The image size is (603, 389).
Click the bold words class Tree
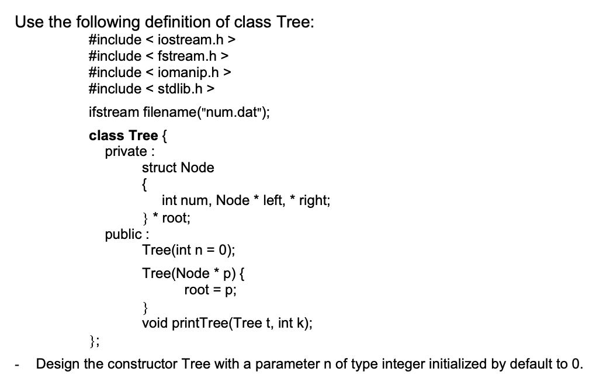coord(123,136)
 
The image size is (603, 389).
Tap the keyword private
coord(125,152)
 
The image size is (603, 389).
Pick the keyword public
coord(123,234)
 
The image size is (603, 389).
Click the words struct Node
coord(178,168)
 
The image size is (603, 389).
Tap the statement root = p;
coord(210,290)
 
